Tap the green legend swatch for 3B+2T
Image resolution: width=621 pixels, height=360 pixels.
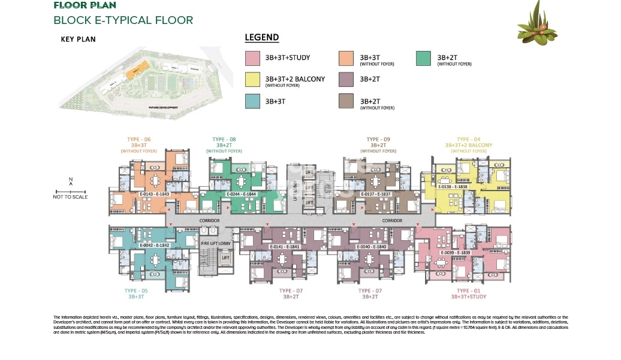423,59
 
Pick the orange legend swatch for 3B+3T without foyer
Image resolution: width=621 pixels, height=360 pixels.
346,59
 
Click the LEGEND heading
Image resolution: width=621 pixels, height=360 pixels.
262,38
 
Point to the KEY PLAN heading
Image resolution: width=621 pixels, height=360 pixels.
78,40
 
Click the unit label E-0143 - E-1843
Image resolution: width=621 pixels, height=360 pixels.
155,194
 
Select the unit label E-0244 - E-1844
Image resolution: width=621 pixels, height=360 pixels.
242,194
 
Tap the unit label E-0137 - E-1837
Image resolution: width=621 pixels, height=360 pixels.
376,194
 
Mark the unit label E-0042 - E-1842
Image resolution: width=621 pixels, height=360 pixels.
154,246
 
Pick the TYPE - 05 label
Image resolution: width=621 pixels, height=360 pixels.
135,291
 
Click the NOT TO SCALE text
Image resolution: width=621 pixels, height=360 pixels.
70,196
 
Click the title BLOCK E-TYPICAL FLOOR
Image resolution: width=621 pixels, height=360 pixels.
123,20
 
